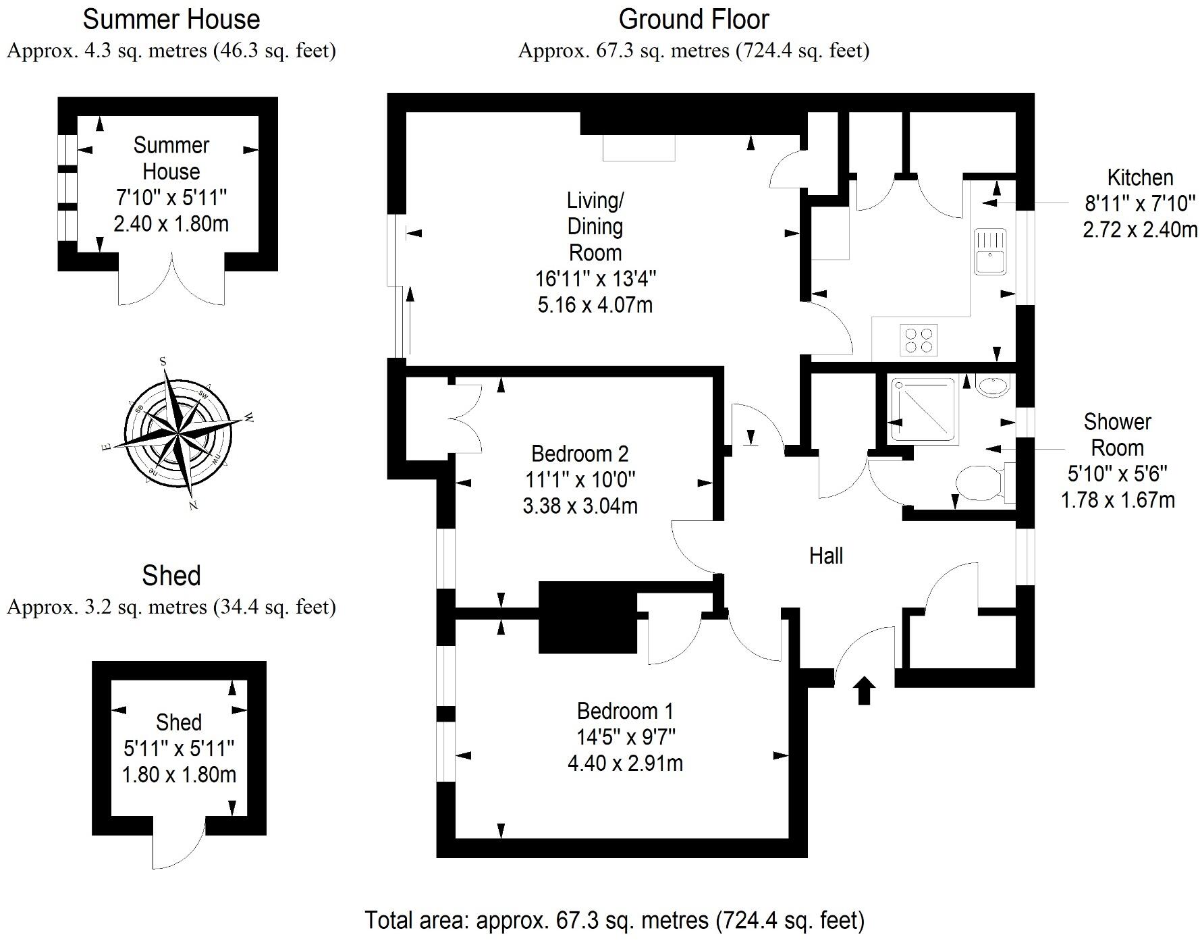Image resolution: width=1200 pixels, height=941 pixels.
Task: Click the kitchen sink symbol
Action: click(x=990, y=251)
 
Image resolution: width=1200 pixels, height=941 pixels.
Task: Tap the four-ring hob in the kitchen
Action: click(x=919, y=340)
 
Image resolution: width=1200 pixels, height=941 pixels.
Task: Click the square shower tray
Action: click(x=924, y=410)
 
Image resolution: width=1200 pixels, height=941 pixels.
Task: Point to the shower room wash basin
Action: click(x=992, y=386)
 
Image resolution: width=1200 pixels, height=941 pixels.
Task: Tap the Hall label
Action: click(x=826, y=556)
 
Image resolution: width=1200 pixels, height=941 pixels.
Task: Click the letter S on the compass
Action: click(x=163, y=362)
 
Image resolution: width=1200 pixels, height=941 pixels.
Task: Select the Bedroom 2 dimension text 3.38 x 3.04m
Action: click(x=580, y=506)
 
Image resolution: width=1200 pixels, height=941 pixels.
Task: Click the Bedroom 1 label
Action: click(x=625, y=711)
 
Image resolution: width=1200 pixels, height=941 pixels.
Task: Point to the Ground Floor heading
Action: click(x=693, y=20)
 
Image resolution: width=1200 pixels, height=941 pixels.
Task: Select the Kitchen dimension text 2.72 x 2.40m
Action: click(x=1140, y=230)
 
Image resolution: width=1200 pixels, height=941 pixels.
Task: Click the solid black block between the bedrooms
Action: click(x=587, y=618)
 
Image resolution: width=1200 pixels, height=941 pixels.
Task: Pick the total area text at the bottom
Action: click(x=614, y=920)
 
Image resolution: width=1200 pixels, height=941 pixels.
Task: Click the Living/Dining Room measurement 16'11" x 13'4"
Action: click(x=595, y=278)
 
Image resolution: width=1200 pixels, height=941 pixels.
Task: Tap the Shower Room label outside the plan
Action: click(x=1117, y=435)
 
